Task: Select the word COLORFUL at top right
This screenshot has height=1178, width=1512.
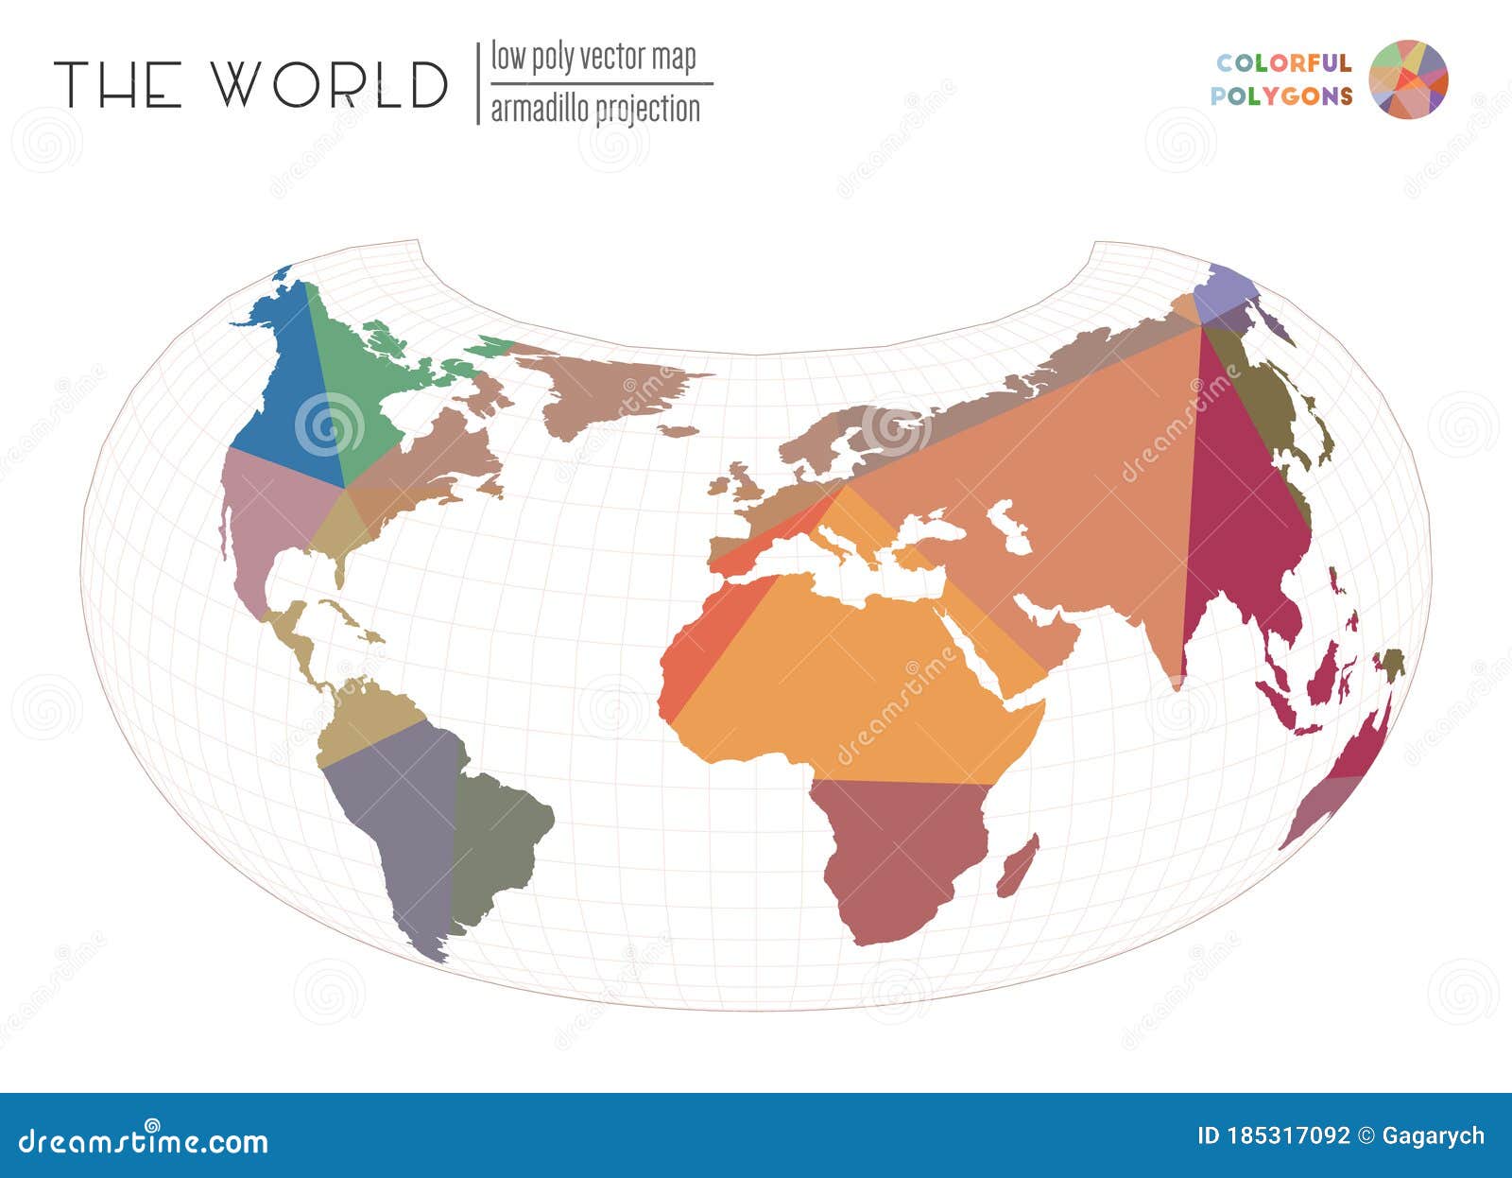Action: coord(1283,63)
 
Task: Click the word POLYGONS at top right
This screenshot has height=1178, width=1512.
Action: coord(1281,95)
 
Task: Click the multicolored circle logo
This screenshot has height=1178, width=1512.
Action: coord(1408,79)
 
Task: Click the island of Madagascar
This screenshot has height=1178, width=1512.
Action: coord(1017,865)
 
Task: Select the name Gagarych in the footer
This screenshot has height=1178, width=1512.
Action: coord(1433,1136)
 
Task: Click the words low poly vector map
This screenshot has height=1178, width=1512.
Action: coord(593,59)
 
